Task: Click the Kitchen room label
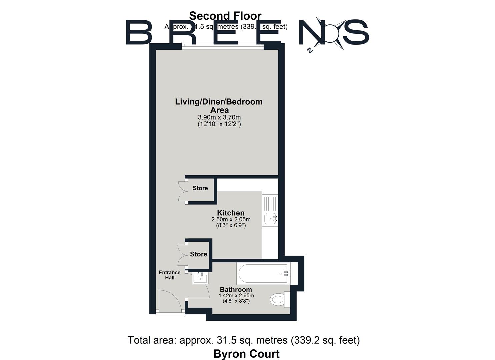[231, 213]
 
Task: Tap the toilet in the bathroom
[278, 299]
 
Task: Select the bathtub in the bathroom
[263, 274]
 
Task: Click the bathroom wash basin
[200, 278]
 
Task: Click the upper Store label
[200, 188]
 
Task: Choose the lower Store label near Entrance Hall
[198, 254]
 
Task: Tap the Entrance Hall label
[169, 275]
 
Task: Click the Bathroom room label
[236, 289]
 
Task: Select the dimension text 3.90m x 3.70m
[219, 117]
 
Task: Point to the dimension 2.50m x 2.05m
[231, 219]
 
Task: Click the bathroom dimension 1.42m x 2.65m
[236, 295]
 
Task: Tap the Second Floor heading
[225, 16]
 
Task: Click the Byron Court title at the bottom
[246, 353]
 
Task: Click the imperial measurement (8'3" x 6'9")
[231, 225]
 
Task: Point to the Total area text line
[244, 340]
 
